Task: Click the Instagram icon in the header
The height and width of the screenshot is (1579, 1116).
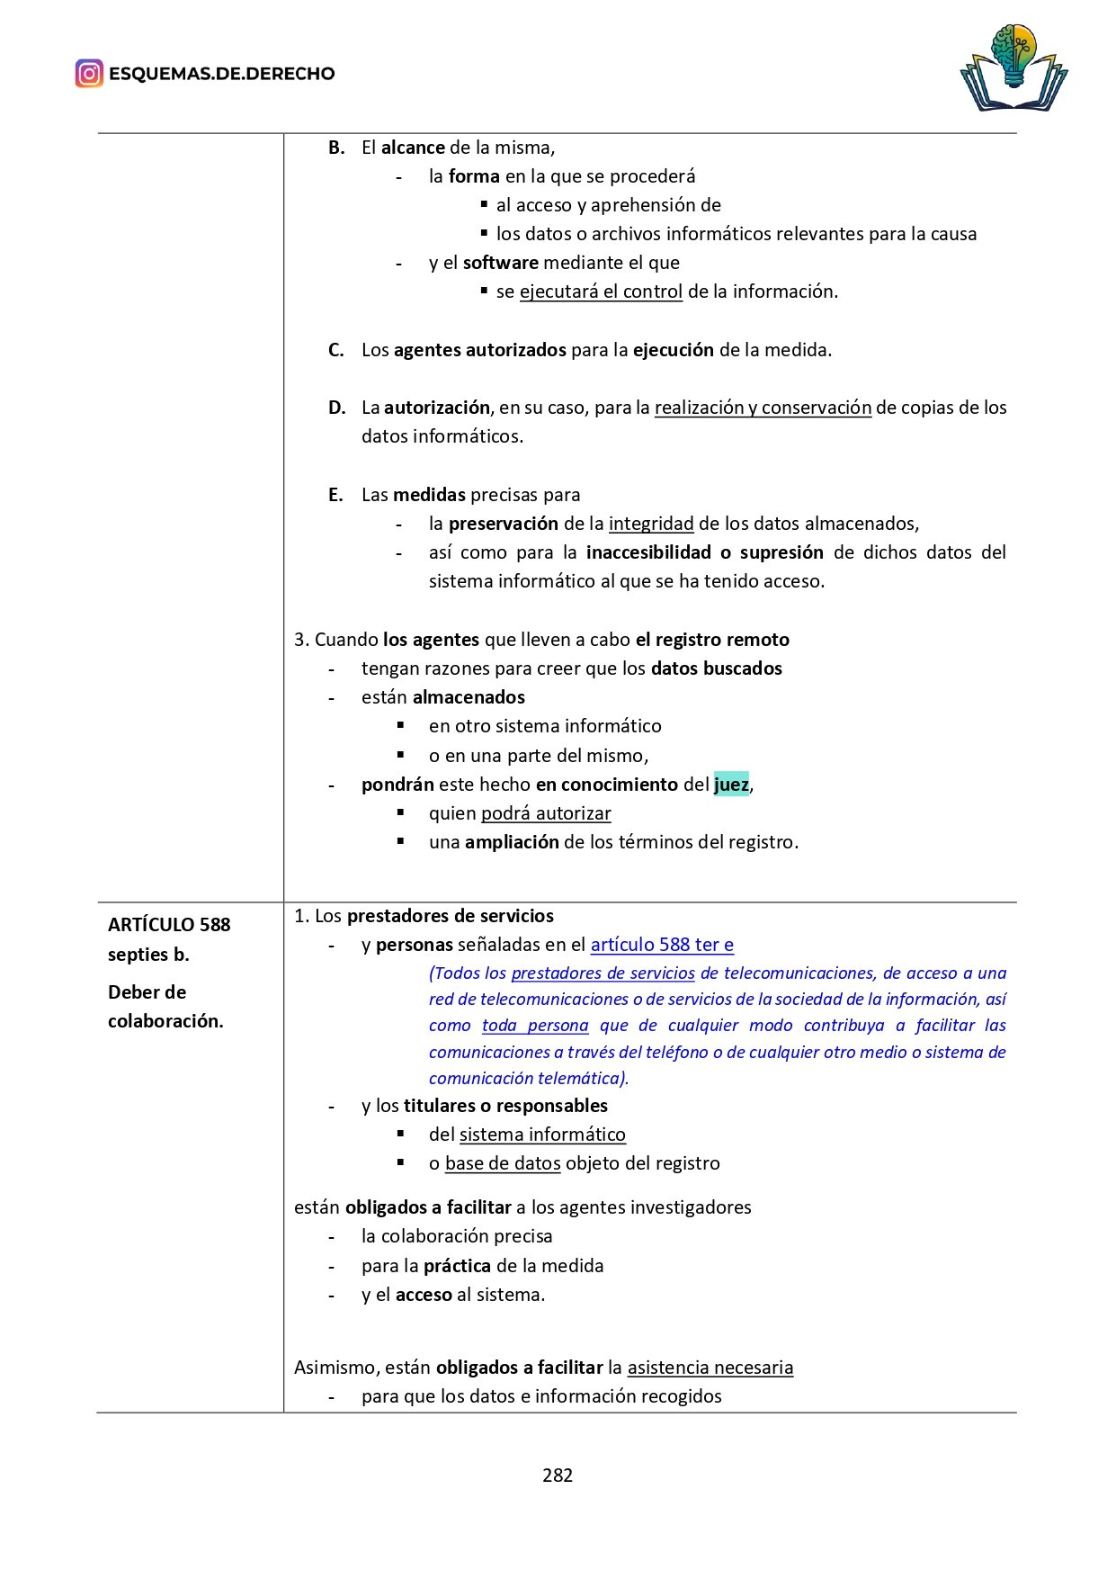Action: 89,74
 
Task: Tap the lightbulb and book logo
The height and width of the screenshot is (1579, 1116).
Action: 1013,67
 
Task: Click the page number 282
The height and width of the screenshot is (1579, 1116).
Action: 558,1475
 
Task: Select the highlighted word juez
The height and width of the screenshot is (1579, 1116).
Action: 731,785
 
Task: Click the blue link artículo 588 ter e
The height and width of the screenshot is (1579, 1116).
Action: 662,945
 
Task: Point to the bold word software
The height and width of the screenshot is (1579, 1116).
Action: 500,263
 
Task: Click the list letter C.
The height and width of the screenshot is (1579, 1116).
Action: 336,350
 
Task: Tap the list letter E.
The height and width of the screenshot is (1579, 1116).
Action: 335,495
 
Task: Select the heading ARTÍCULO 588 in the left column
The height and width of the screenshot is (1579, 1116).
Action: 169,925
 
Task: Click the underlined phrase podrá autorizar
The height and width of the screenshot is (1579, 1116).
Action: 546,813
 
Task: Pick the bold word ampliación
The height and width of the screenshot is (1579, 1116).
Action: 512,842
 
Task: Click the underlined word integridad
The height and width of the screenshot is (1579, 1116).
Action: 651,524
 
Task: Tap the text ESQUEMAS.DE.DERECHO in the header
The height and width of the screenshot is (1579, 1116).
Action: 221,74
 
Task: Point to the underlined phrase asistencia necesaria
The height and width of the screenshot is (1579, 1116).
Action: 710,1368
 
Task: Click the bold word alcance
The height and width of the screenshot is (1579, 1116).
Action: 413,148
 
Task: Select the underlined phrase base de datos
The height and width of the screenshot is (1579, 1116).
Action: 503,1163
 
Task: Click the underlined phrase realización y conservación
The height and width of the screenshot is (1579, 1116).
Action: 763,408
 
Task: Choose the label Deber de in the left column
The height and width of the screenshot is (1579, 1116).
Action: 147,992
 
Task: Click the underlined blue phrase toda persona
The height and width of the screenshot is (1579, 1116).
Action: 535,1026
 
